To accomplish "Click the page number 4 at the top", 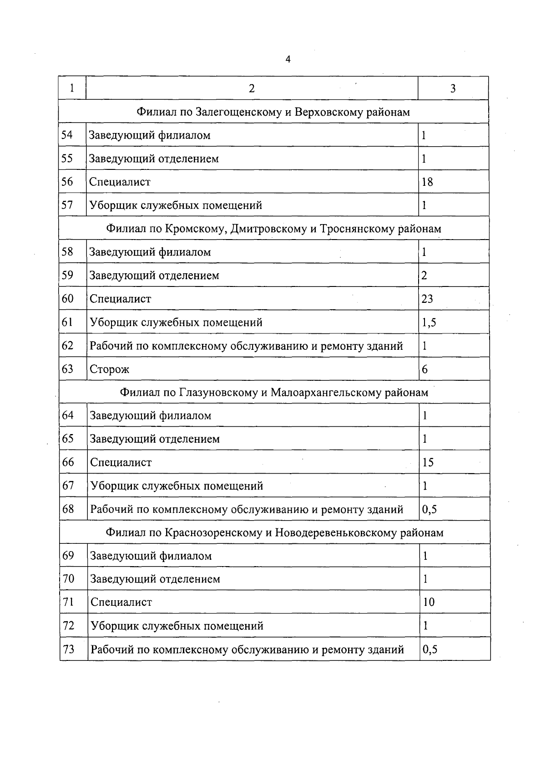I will (288, 60).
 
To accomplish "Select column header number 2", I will (252, 88).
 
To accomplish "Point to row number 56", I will (67, 182).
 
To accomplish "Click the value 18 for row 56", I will (427, 182).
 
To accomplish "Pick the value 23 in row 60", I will (427, 299).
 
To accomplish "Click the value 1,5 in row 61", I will (429, 323).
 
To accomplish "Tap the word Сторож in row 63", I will (110, 369).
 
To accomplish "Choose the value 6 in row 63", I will (425, 369).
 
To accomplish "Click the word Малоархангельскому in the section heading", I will (326, 393).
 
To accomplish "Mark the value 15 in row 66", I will (428, 463).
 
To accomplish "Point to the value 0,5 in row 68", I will (430, 509).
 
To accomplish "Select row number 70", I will (68, 579).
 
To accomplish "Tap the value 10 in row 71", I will (429, 603).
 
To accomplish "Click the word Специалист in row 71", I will (121, 603).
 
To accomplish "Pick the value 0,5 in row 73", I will (430, 649).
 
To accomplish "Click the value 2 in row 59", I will (424, 276).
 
